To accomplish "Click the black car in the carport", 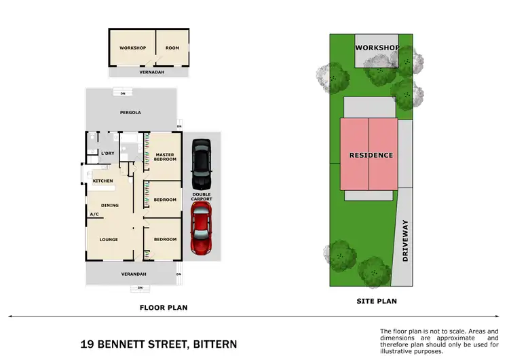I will coord(201,164).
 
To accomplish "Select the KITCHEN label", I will coord(102,181).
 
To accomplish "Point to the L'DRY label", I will coord(107,154).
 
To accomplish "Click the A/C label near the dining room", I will coord(94,215).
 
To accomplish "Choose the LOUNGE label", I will coord(109,239).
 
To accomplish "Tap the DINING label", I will coord(110,205).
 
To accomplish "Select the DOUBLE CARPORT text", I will coord(202,196).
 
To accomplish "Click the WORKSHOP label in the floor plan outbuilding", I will coord(132,48).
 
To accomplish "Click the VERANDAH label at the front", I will coord(134,274).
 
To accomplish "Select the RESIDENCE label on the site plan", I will coord(371,155).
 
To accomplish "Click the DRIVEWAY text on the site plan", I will coord(407,240).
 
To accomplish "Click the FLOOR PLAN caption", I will coord(163,308).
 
